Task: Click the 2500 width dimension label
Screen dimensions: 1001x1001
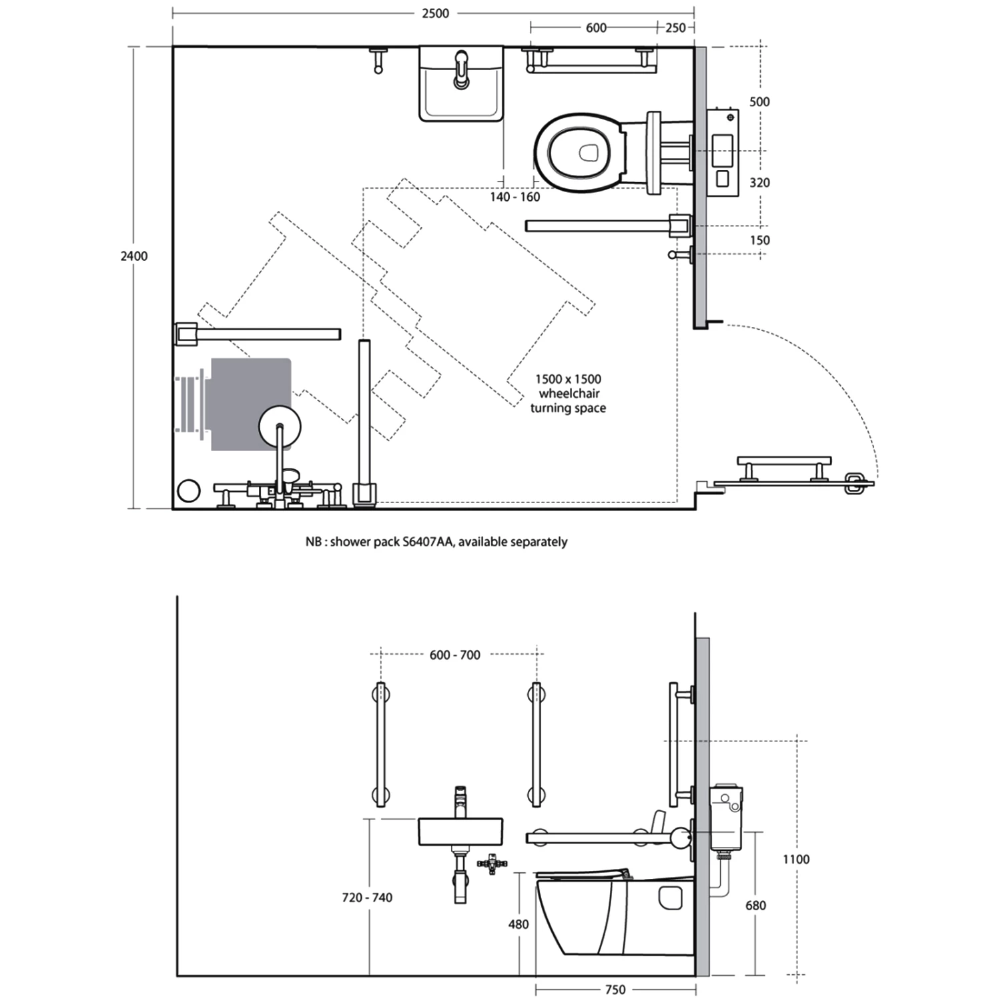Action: (435, 13)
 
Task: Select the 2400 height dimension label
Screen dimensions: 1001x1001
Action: (133, 256)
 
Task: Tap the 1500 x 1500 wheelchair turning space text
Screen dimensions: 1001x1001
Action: (568, 393)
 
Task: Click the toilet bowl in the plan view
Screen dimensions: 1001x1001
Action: (578, 153)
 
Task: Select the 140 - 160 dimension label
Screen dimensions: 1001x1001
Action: (515, 197)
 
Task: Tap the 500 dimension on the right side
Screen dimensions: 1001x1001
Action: (759, 101)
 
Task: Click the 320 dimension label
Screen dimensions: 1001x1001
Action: (759, 182)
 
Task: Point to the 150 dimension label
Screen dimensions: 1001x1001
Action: (759, 240)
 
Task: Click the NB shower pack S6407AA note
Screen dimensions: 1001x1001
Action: (436, 542)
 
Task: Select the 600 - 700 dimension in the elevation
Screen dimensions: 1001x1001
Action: (454, 655)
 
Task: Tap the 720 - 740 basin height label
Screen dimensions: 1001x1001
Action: (367, 898)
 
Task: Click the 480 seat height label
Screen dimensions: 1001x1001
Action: (518, 924)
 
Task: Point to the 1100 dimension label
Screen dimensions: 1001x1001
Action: (795, 860)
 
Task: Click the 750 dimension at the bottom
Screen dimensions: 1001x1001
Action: (615, 990)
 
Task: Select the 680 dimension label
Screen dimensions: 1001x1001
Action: (755, 906)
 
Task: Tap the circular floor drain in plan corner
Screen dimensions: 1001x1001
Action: (190, 490)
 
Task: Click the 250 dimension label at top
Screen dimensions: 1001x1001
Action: (675, 27)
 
